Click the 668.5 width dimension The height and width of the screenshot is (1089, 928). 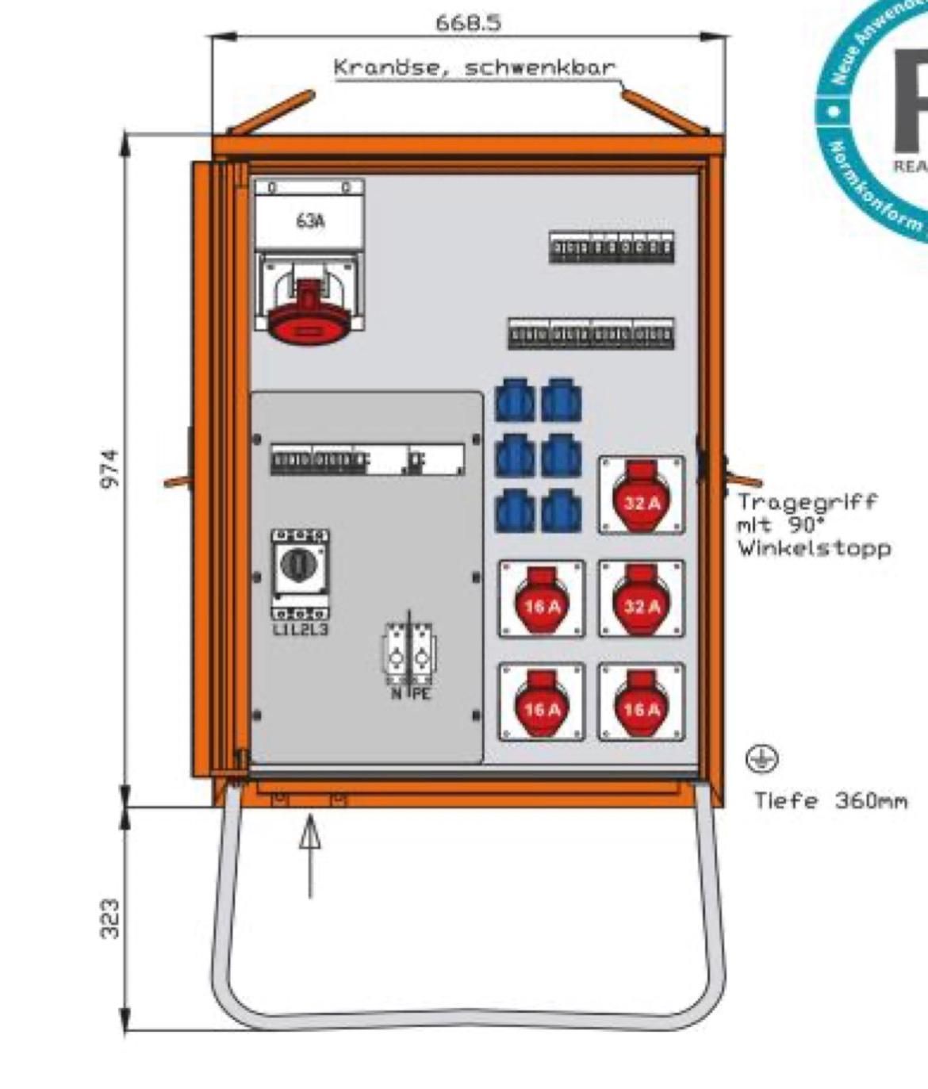[468, 22]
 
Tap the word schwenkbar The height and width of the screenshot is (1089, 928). [540, 67]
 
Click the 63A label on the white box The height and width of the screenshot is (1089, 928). [309, 221]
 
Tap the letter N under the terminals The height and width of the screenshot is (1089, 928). [396, 695]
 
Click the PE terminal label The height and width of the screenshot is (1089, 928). [421, 695]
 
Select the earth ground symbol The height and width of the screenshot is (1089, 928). [761, 759]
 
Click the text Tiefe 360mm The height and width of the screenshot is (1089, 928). [830, 801]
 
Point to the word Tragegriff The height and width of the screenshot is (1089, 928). [807, 501]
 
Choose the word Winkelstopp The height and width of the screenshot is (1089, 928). [814, 548]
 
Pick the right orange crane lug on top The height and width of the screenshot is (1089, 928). [664, 111]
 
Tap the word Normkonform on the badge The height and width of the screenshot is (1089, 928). [872, 186]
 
